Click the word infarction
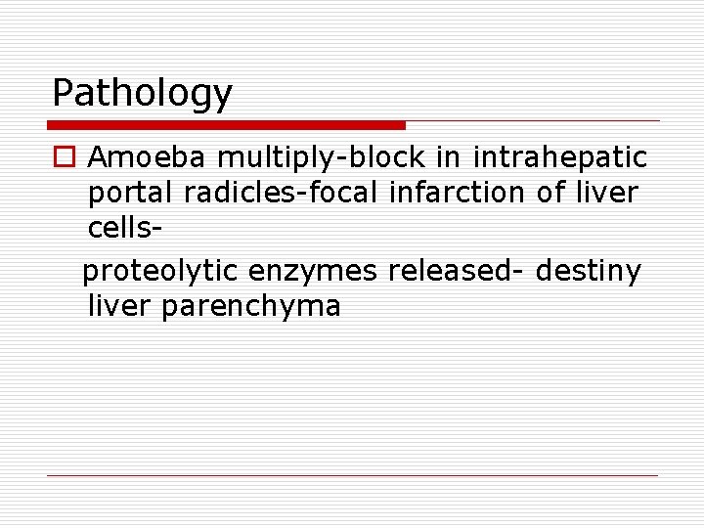coord(459,194)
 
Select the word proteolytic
coord(160,269)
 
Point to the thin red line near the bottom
coord(352,475)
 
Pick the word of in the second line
coord(550,194)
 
